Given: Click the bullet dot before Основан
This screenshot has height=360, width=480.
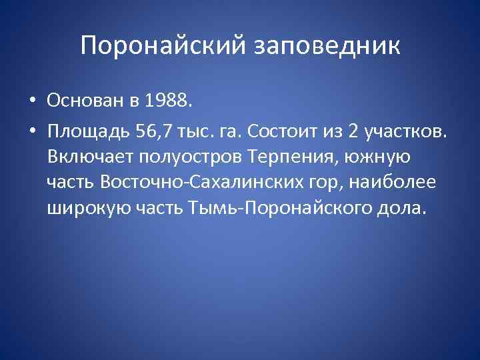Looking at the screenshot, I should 31,101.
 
